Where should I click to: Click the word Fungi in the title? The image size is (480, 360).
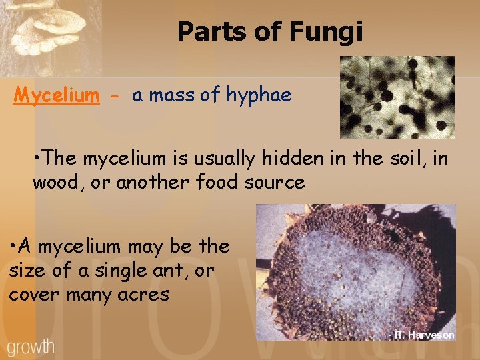pyautogui.click(x=331, y=31)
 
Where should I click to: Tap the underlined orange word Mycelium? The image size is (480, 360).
pyautogui.click(x=57, y=95)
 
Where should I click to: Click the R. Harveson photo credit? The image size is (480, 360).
pyautogui.click(x=421, y=335)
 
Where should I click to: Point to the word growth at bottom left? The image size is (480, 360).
pyautogui.click(x=31, y=347)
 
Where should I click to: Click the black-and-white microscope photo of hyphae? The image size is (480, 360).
pyautogui.click(x=397, y=97)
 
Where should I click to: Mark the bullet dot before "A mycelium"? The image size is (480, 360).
pyautogui.click(x=13, y=246)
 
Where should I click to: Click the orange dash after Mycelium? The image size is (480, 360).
pyautogui.click(x=116, y=96)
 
